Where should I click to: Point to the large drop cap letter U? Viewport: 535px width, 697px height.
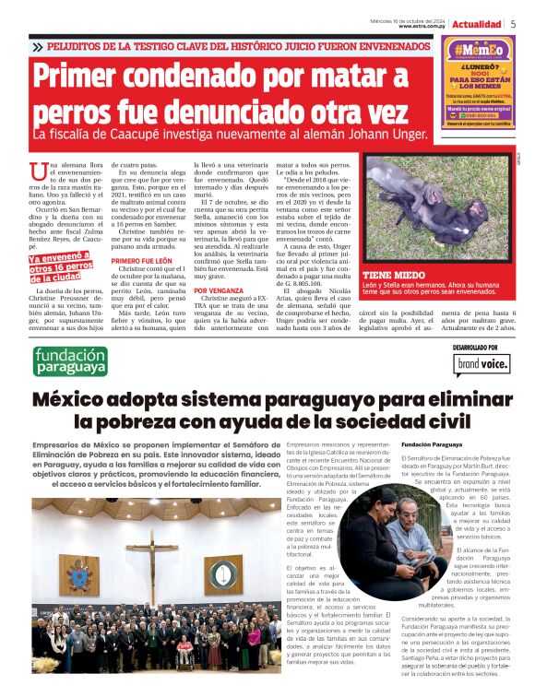pyautogui.click(x=37, y=171)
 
